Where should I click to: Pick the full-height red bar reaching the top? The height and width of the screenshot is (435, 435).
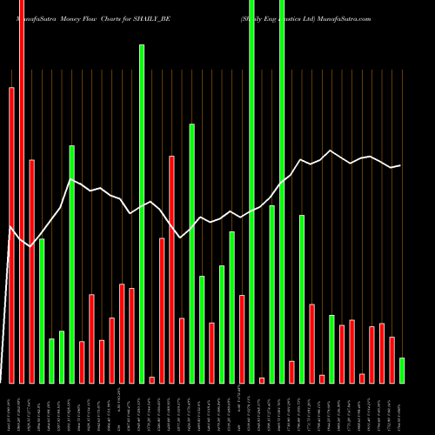(x=22, y=191)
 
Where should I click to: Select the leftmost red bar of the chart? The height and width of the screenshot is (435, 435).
(x=11, y=235)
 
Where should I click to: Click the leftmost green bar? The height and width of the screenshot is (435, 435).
(x=42, y=311)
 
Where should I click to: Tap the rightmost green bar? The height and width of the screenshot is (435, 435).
(x=402, y=370)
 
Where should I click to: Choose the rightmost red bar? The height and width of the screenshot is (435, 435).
(x=391, y=359)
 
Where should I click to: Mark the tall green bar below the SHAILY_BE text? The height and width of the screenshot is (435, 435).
(x=142, y=213)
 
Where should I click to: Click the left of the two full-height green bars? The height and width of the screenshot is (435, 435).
(x=251, y=191)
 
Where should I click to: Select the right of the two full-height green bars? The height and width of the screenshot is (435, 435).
(x=282, y=191)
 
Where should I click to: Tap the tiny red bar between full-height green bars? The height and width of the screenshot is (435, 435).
(x=262, y=380)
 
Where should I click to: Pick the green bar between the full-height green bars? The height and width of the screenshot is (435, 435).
(x=271, y=294)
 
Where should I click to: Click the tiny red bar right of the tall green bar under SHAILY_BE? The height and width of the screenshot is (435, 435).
(x=151, y=379)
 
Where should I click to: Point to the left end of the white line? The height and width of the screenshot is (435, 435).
(x=9, y=228)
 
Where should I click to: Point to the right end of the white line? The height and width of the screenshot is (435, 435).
(x=400, y=165)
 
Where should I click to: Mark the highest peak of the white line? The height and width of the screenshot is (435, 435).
(x=331, y=150)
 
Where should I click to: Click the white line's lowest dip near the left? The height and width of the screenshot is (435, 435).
(x=31, y=246)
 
